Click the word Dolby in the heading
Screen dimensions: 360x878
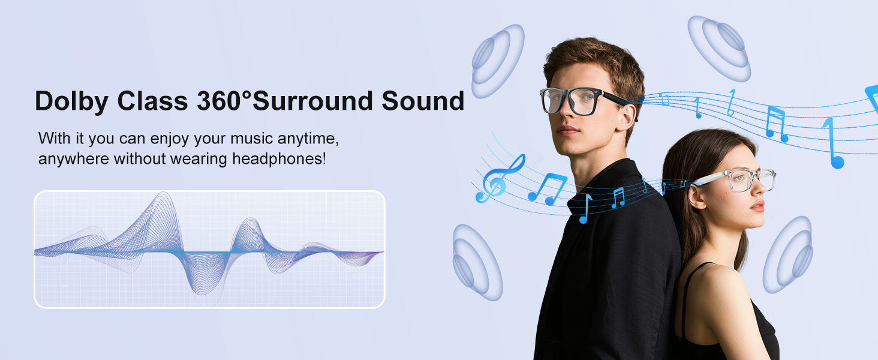[71, 101]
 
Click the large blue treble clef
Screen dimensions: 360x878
[500, 178]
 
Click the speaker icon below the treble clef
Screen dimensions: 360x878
[477, 262]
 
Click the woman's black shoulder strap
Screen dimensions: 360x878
[685, 300]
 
